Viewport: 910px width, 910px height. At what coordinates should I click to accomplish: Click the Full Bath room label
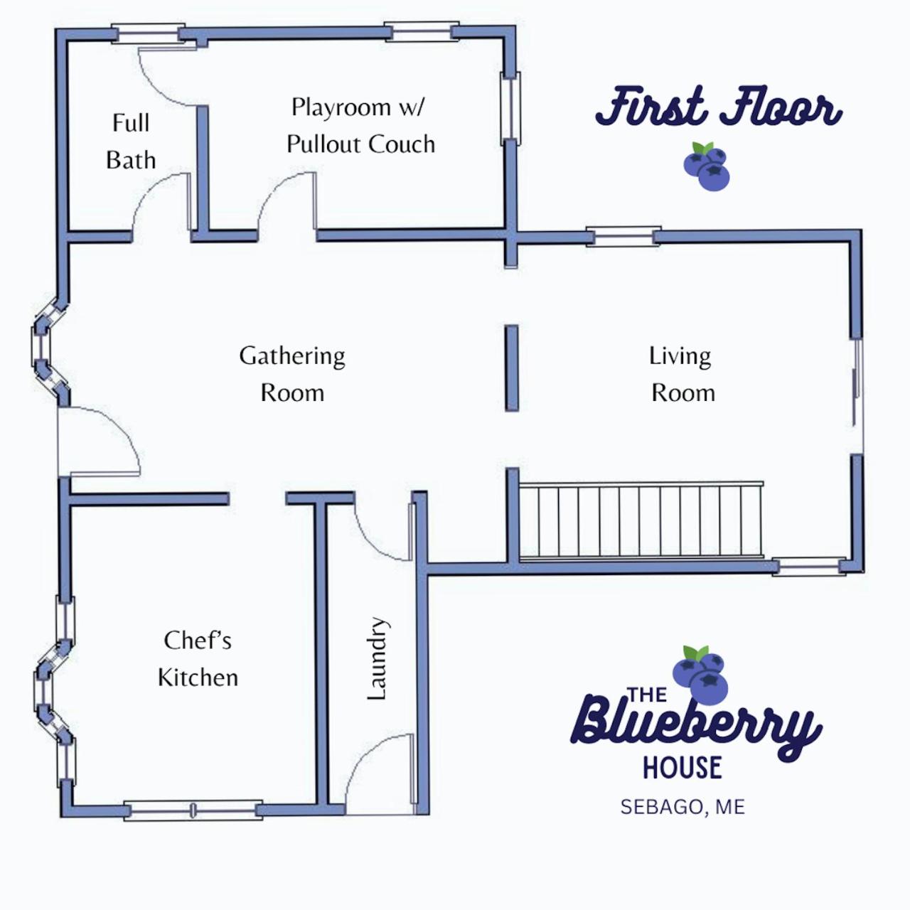tap(131, 141)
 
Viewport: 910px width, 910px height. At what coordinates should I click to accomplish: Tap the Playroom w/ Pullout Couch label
tap(360, 126)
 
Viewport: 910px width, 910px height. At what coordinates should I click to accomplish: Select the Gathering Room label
tap(292, 374)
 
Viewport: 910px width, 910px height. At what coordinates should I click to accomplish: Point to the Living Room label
tap(681, 374)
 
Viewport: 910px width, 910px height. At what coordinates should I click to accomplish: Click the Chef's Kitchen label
tap(198, 659)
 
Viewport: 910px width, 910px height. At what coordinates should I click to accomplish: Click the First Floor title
tap(718, 107)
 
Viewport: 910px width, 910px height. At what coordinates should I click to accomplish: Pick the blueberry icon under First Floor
tap(707, 166)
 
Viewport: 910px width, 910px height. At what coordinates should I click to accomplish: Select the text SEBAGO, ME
tap(682, 807)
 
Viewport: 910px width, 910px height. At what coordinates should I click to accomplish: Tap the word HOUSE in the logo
tap(682, 767)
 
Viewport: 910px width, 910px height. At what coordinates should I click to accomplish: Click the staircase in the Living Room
tap(641, 521)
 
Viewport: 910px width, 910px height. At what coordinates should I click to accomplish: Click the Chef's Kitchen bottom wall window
tap(193, 810)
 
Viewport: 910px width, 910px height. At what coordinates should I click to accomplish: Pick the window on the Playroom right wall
tap(510, 109)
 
